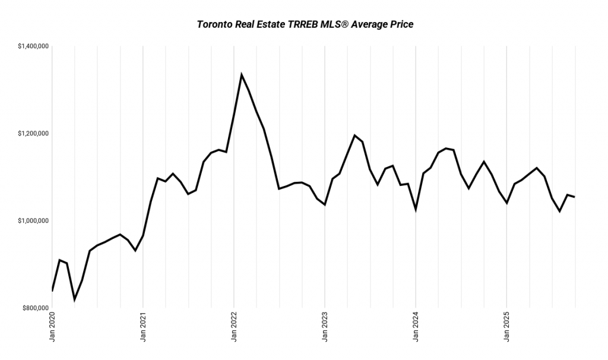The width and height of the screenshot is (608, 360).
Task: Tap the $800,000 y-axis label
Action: pos(34,308)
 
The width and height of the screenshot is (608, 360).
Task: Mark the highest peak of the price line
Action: pos(241,74)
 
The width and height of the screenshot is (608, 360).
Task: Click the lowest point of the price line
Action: pos(74,299)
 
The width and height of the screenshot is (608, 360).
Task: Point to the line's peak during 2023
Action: pos(354,135)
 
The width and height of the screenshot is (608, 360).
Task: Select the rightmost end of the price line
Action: pos(574,197)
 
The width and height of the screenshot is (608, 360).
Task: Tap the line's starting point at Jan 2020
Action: pos(52,291)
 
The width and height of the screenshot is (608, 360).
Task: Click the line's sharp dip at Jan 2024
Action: pos(416,209)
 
